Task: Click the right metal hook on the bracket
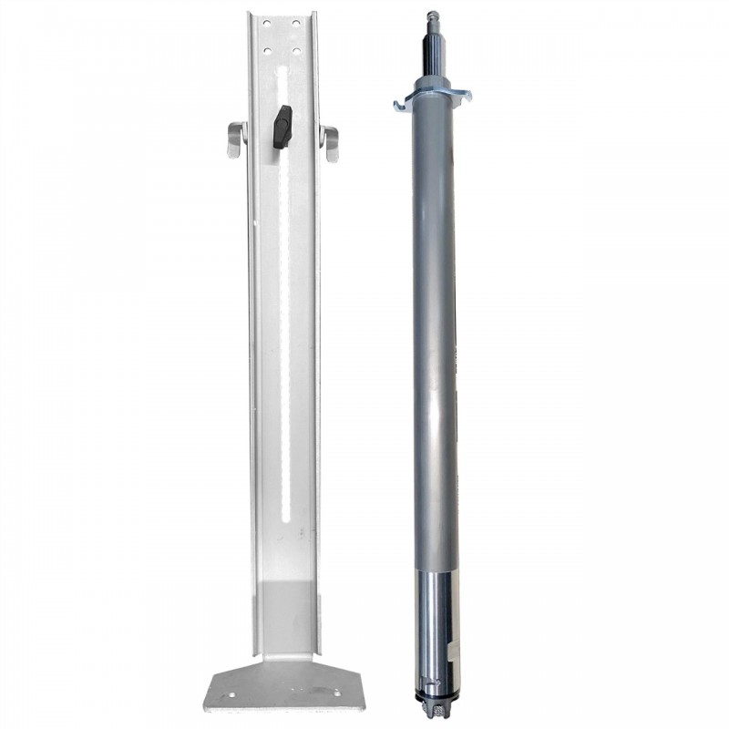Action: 330,142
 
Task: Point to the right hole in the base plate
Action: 336,694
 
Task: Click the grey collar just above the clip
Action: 434,85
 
